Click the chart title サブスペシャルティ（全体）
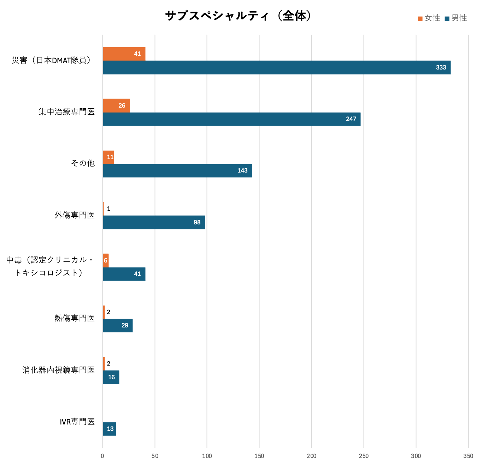tap(239, 16)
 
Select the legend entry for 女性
tap(429, 18)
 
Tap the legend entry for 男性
tap(456, 18)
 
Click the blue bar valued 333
tap(276, 67)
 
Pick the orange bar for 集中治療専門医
tap(116, 106)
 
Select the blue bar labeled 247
tap(231, 119)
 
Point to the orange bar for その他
tap(108, 157)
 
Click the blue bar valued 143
tap(177, 170)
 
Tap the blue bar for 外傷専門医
tap(154, 222)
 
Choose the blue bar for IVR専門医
tap(109, 429)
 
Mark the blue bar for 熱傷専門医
tap(118, 325)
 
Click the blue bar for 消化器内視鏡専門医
tap(111, 377)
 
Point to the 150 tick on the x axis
tap(259, 456)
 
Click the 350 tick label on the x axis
tap(468, 456)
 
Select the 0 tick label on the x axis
tap(102, 456)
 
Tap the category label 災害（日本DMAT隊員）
tap(53, 60)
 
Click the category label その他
tap(83, 163)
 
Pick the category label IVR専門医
tap(77, 422)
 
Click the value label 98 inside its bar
tap(197, 222)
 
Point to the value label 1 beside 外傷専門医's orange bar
tap(108, 209)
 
